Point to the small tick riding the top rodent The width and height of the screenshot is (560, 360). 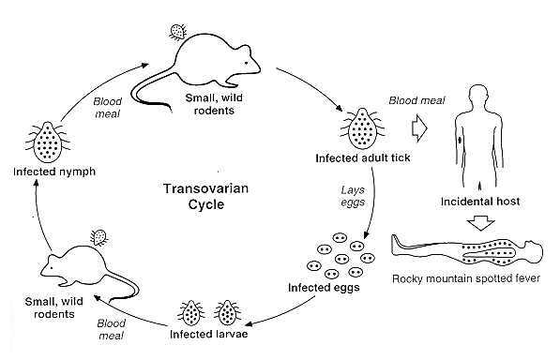coord(174,31)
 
